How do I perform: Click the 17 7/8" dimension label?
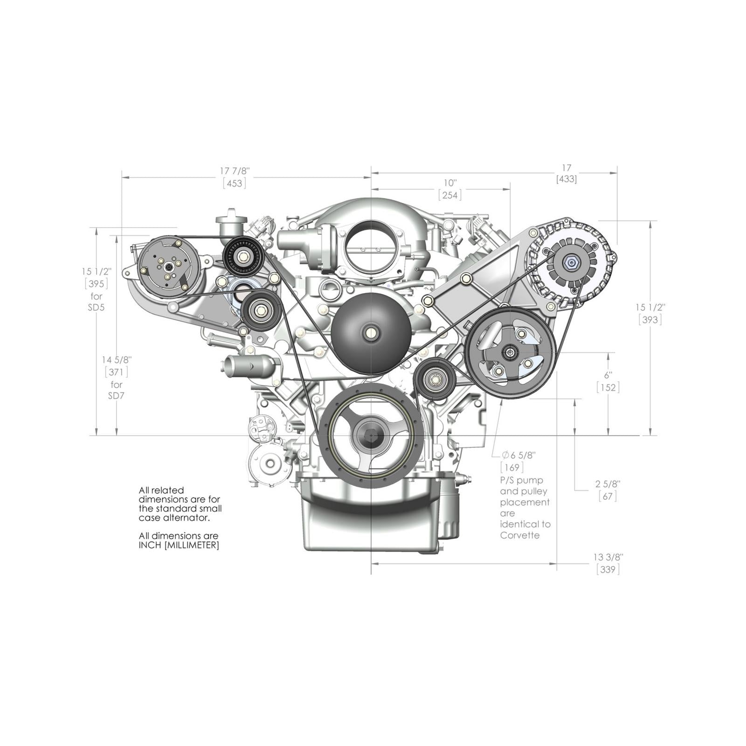pos(235,171)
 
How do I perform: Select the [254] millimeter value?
pos(449,195)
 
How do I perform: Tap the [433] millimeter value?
pos(566,179)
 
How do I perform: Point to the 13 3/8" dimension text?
pos(608,557)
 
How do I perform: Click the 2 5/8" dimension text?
pos(608,484)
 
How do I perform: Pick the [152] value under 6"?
pos(608,387)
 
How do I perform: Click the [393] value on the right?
pos(650,320)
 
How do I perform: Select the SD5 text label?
pos(96,308)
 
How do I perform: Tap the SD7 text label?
pos(116,396)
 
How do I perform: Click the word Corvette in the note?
pos(520,535)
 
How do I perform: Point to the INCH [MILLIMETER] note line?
pos(179,545)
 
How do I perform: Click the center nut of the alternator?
pos(571,263)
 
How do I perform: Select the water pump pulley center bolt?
pos(371,333)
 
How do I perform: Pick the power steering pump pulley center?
pos(510,353)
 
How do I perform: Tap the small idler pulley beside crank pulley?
pos(435,380)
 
